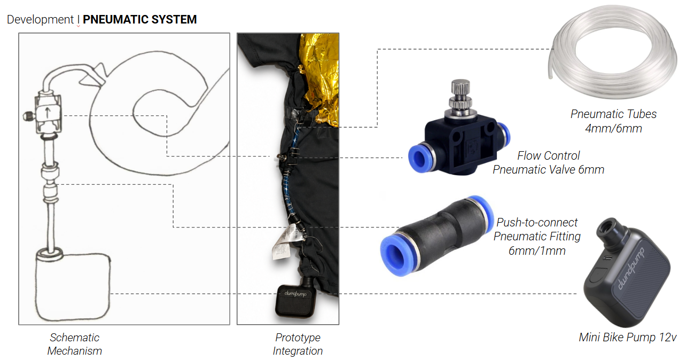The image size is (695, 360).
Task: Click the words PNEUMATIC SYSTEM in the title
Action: point(139,19)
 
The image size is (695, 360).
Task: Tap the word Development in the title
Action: point(40,20)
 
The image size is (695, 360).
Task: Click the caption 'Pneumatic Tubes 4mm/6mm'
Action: point(613,121)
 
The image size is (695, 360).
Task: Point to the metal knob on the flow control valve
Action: point(460,96)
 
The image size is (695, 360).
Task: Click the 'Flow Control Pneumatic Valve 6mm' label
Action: point(548,162)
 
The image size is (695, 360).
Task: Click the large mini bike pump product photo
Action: point(627,273)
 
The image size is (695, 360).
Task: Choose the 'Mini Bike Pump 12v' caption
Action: point(627,338)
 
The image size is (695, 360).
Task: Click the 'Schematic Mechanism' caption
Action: point(74,344)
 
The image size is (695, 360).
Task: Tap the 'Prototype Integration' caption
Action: point(298,344)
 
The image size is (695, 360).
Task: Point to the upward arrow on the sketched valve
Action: point(48,112)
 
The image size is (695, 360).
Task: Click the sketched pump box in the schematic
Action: point(73,286)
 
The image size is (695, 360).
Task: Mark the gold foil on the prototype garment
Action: point(319,77)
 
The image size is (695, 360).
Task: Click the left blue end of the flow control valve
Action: point(419,158)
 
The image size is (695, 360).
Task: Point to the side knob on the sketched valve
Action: point(29,116)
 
